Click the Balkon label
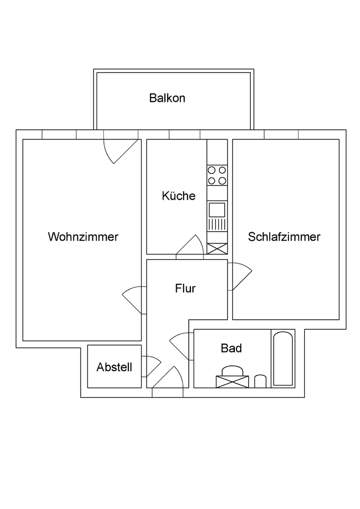(167, 98)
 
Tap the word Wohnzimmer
(83, 237)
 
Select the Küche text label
(179, 196)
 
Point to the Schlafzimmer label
(284, 237)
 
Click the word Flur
(186, 288)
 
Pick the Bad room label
(231, 348)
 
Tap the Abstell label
(115, 367)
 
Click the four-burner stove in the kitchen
(217, 175)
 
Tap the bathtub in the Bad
(282, 358)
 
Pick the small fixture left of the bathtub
(259, 381)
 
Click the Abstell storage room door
(151, 366)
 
